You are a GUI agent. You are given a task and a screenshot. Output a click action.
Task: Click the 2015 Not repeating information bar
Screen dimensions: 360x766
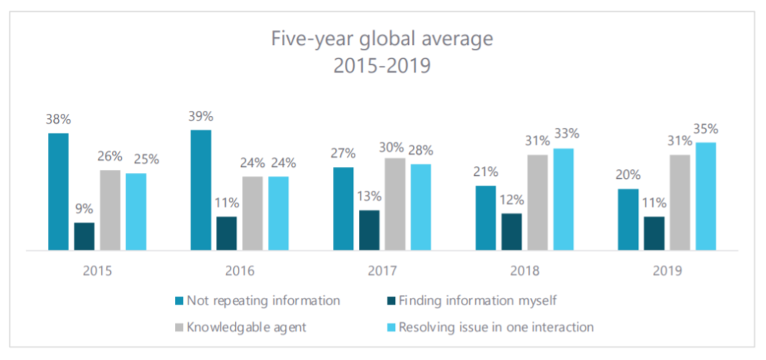[x=58, y=192]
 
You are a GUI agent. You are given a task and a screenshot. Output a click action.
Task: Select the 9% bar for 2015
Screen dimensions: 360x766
[x=85, y=236]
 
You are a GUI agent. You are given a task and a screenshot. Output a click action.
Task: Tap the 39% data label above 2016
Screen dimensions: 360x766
[x=200, y=117]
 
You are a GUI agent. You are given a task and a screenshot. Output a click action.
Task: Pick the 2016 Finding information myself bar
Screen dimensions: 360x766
[x=227, y=233]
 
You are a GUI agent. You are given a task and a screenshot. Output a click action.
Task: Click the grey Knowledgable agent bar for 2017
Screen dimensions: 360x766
[x=395, y=204]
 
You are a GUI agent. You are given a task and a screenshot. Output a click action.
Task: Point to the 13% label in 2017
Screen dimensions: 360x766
[x=369, y=197]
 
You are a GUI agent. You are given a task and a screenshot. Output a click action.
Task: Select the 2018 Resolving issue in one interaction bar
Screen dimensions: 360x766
[x=563, y=199]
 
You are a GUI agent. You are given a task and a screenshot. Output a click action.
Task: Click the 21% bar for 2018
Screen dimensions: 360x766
[x=485, y=217]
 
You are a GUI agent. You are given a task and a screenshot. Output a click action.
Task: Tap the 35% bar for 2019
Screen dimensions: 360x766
[x=705, y=196]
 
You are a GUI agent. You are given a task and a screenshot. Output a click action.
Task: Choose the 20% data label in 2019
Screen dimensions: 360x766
[x=628, y=175]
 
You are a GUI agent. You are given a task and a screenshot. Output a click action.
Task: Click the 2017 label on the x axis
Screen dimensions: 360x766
[x=382, y=270]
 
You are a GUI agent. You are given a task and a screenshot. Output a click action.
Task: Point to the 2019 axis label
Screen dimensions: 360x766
[x=667, y=270]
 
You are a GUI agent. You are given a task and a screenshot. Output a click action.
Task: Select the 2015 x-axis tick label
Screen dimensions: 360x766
[x=97, y=270]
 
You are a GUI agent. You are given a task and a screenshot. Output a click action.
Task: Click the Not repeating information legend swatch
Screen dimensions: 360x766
[x=179, y=302]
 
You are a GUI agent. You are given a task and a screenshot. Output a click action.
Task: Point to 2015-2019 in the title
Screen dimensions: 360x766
[x=383, y=66]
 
